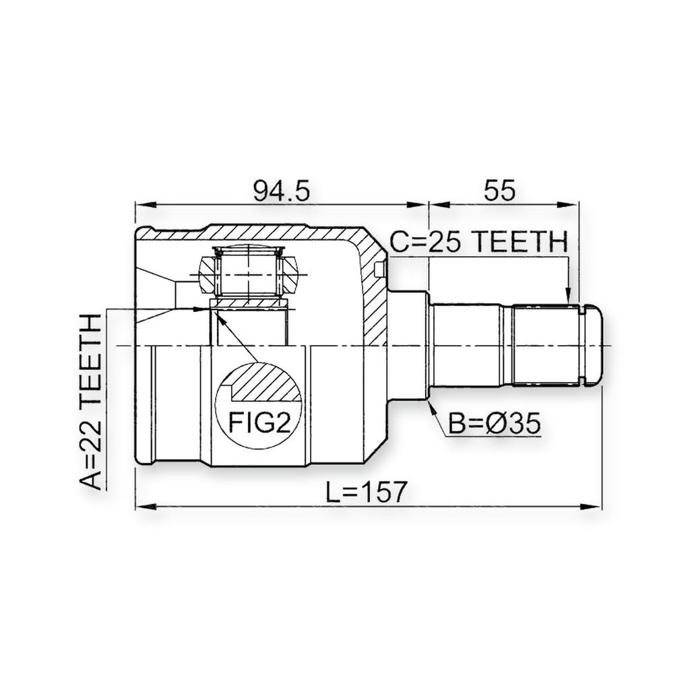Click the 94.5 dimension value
click(282, 191)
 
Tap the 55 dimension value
click(499, 191)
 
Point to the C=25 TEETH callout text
click(479, 242)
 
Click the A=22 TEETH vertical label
click(91, 402)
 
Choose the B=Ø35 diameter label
click(494, 424)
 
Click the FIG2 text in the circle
click(259, 423)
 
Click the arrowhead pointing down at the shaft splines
click(567, 296)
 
